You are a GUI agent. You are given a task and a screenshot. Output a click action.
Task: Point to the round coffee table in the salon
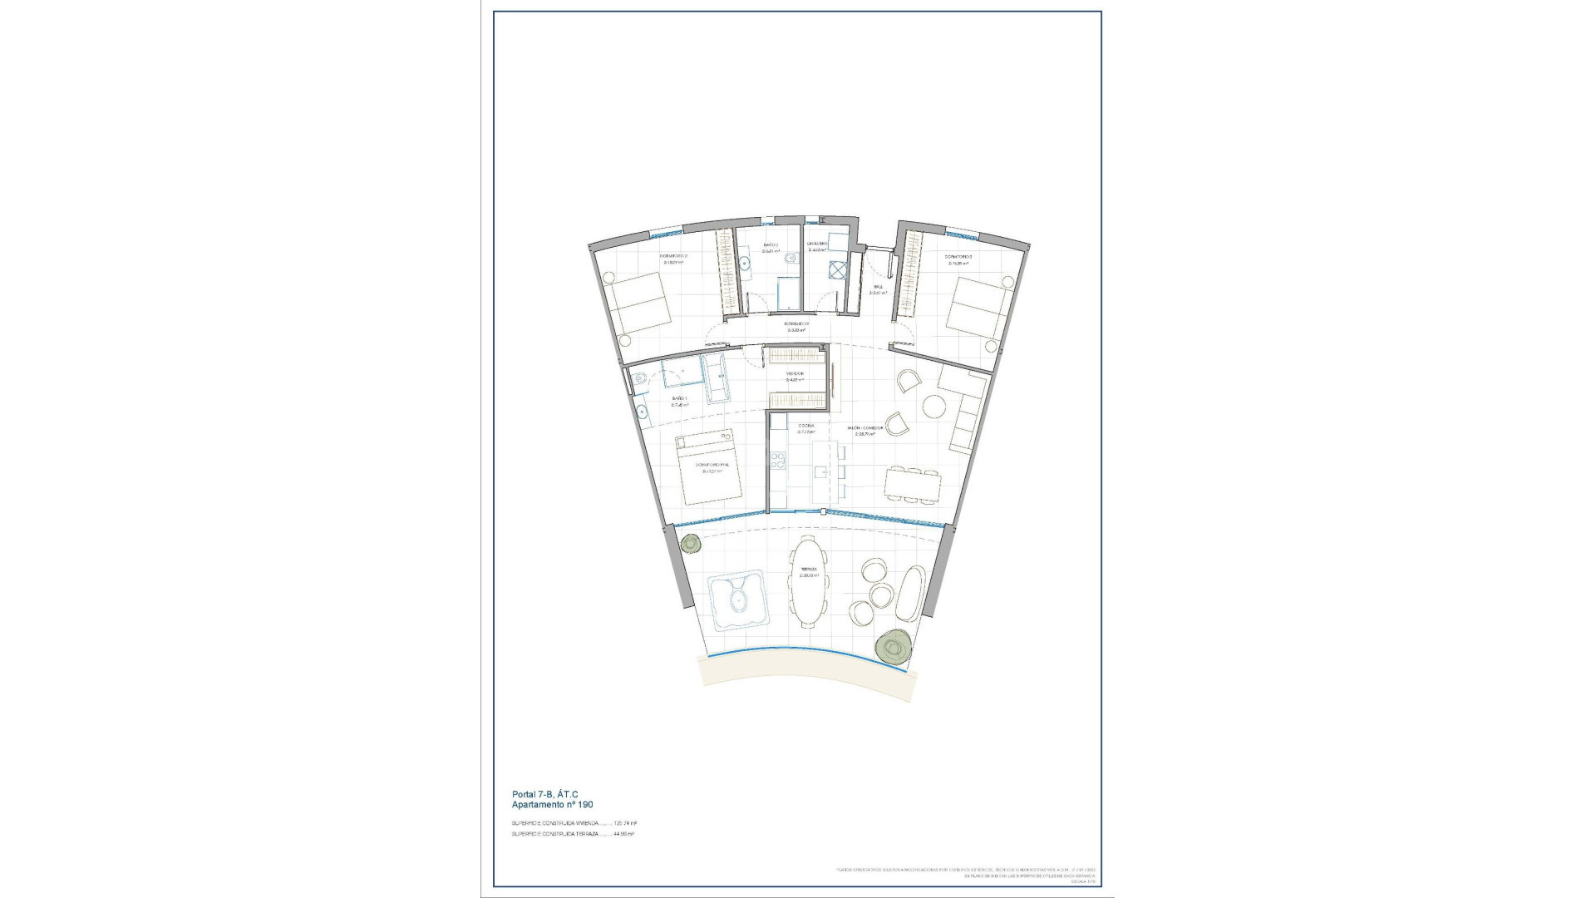click(933, 407)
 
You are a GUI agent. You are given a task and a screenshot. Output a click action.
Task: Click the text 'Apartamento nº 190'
click(552, 805)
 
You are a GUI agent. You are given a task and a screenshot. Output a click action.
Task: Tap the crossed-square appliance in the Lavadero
click(836, 270)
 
